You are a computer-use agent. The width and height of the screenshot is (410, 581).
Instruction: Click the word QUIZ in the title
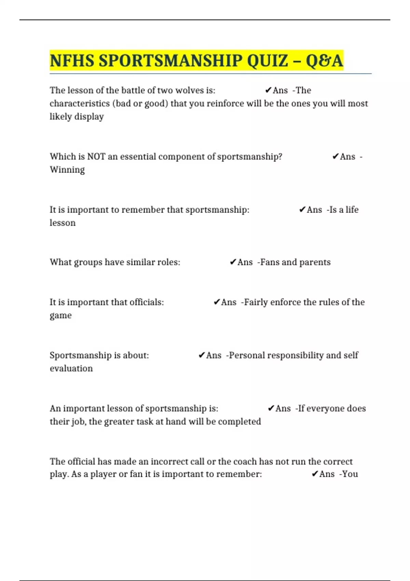[268, 61]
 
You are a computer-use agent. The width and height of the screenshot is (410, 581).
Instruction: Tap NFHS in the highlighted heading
[72, 61]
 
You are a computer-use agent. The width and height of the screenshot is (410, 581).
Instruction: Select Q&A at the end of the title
[324, 61]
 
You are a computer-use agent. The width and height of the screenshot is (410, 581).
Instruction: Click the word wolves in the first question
[189, 90]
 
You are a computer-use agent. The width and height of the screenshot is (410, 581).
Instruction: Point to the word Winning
[67, 170]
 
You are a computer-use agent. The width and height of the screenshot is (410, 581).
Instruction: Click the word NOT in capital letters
[96, 157]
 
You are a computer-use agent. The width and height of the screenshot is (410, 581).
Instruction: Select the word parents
[315, 262]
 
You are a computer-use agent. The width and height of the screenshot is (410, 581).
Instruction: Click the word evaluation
[71, 368]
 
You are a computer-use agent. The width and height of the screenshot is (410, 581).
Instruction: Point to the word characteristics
[80, 104]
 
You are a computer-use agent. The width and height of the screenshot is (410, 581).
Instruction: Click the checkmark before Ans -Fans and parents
[233, 262]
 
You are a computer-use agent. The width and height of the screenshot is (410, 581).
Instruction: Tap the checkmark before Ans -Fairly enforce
[217, 302]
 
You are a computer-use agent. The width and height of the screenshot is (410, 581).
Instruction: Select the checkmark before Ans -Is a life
[302, 210]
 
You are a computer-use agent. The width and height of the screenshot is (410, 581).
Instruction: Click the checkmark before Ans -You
[315, 474]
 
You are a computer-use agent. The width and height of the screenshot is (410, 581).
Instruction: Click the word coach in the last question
[245, 461]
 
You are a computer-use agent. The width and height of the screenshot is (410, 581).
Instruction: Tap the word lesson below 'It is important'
[63, 223]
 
